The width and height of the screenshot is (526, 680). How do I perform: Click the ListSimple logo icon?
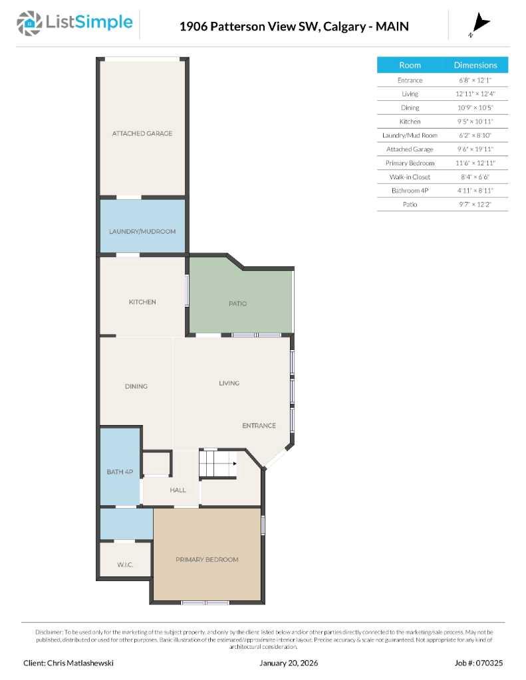[29, 23]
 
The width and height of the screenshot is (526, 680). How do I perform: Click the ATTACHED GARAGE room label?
[142, 133]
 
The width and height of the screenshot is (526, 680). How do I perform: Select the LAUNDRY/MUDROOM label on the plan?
[142, 231]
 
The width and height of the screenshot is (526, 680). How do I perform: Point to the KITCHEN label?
[142, 302]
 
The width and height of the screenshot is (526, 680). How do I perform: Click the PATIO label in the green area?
[237, 303]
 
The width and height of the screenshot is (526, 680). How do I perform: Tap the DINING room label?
[136, 386]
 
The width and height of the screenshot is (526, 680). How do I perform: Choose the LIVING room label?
[229, 383]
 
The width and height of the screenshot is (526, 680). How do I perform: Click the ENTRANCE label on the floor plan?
[259, 426]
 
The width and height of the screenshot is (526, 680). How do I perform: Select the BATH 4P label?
[120, 472]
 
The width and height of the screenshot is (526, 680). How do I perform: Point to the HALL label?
[178, 490]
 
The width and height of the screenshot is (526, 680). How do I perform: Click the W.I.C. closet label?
[125, 564]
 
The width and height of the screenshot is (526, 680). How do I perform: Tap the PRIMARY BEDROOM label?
[207, 560]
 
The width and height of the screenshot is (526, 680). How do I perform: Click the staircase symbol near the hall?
[219, 463]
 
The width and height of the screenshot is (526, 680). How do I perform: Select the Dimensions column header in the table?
[475, 65]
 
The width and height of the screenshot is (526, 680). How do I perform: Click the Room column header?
[410, 65]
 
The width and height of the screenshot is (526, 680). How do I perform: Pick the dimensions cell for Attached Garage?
[475, 149]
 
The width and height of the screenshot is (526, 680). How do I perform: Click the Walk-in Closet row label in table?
[410, 177]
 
